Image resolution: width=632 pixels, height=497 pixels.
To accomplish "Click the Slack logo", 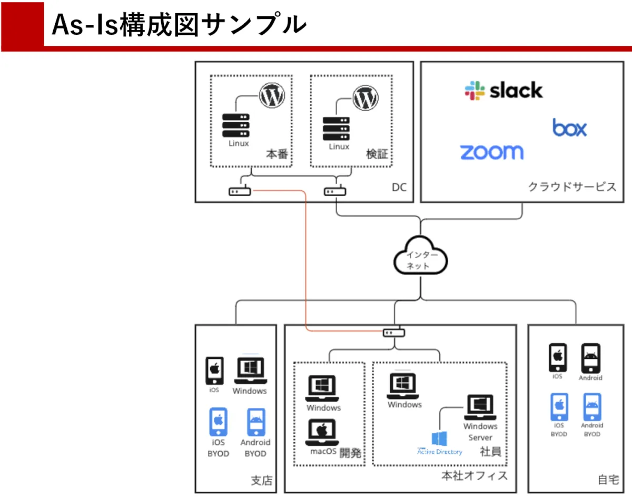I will (503, 90).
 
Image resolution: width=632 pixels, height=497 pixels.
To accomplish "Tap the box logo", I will (569, 128).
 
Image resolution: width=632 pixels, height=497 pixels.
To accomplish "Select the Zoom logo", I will (492, 152).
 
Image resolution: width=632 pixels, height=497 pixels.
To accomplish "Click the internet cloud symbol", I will (420, 255).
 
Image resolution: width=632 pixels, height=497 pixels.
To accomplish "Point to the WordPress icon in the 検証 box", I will (366, 98).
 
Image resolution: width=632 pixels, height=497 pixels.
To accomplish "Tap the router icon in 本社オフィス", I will (394, 333).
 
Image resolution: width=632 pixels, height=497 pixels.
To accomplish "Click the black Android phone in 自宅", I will (590, 358).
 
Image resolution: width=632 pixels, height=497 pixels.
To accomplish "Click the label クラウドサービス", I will (572, 187).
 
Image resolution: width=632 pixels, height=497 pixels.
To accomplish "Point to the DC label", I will (399, 188).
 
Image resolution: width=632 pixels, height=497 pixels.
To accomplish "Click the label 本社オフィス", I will (475, 475).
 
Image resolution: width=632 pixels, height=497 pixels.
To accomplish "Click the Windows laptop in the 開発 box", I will (322, 389).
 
